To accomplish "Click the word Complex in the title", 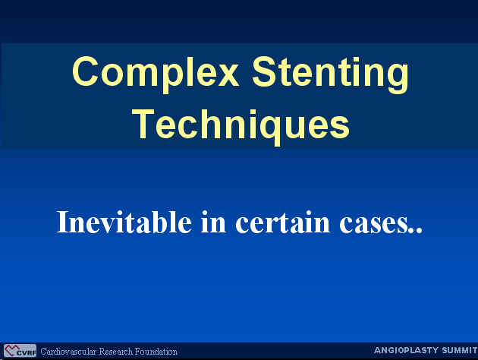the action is coord(156,74).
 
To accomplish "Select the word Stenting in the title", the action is coord(331,75).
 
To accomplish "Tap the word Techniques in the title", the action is coord(241,125).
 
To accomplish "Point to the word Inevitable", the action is coord(124,222).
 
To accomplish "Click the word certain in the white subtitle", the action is coord(283,223).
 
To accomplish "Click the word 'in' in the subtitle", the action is coord(213,222).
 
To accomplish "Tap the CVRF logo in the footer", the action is coord(20,351).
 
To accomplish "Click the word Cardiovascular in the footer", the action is coord(68,352).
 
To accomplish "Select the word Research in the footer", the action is coord(116,352).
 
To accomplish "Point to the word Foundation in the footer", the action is coord(156,352).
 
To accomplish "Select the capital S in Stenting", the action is coord(266,72).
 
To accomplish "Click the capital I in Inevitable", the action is coord(64,222).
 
